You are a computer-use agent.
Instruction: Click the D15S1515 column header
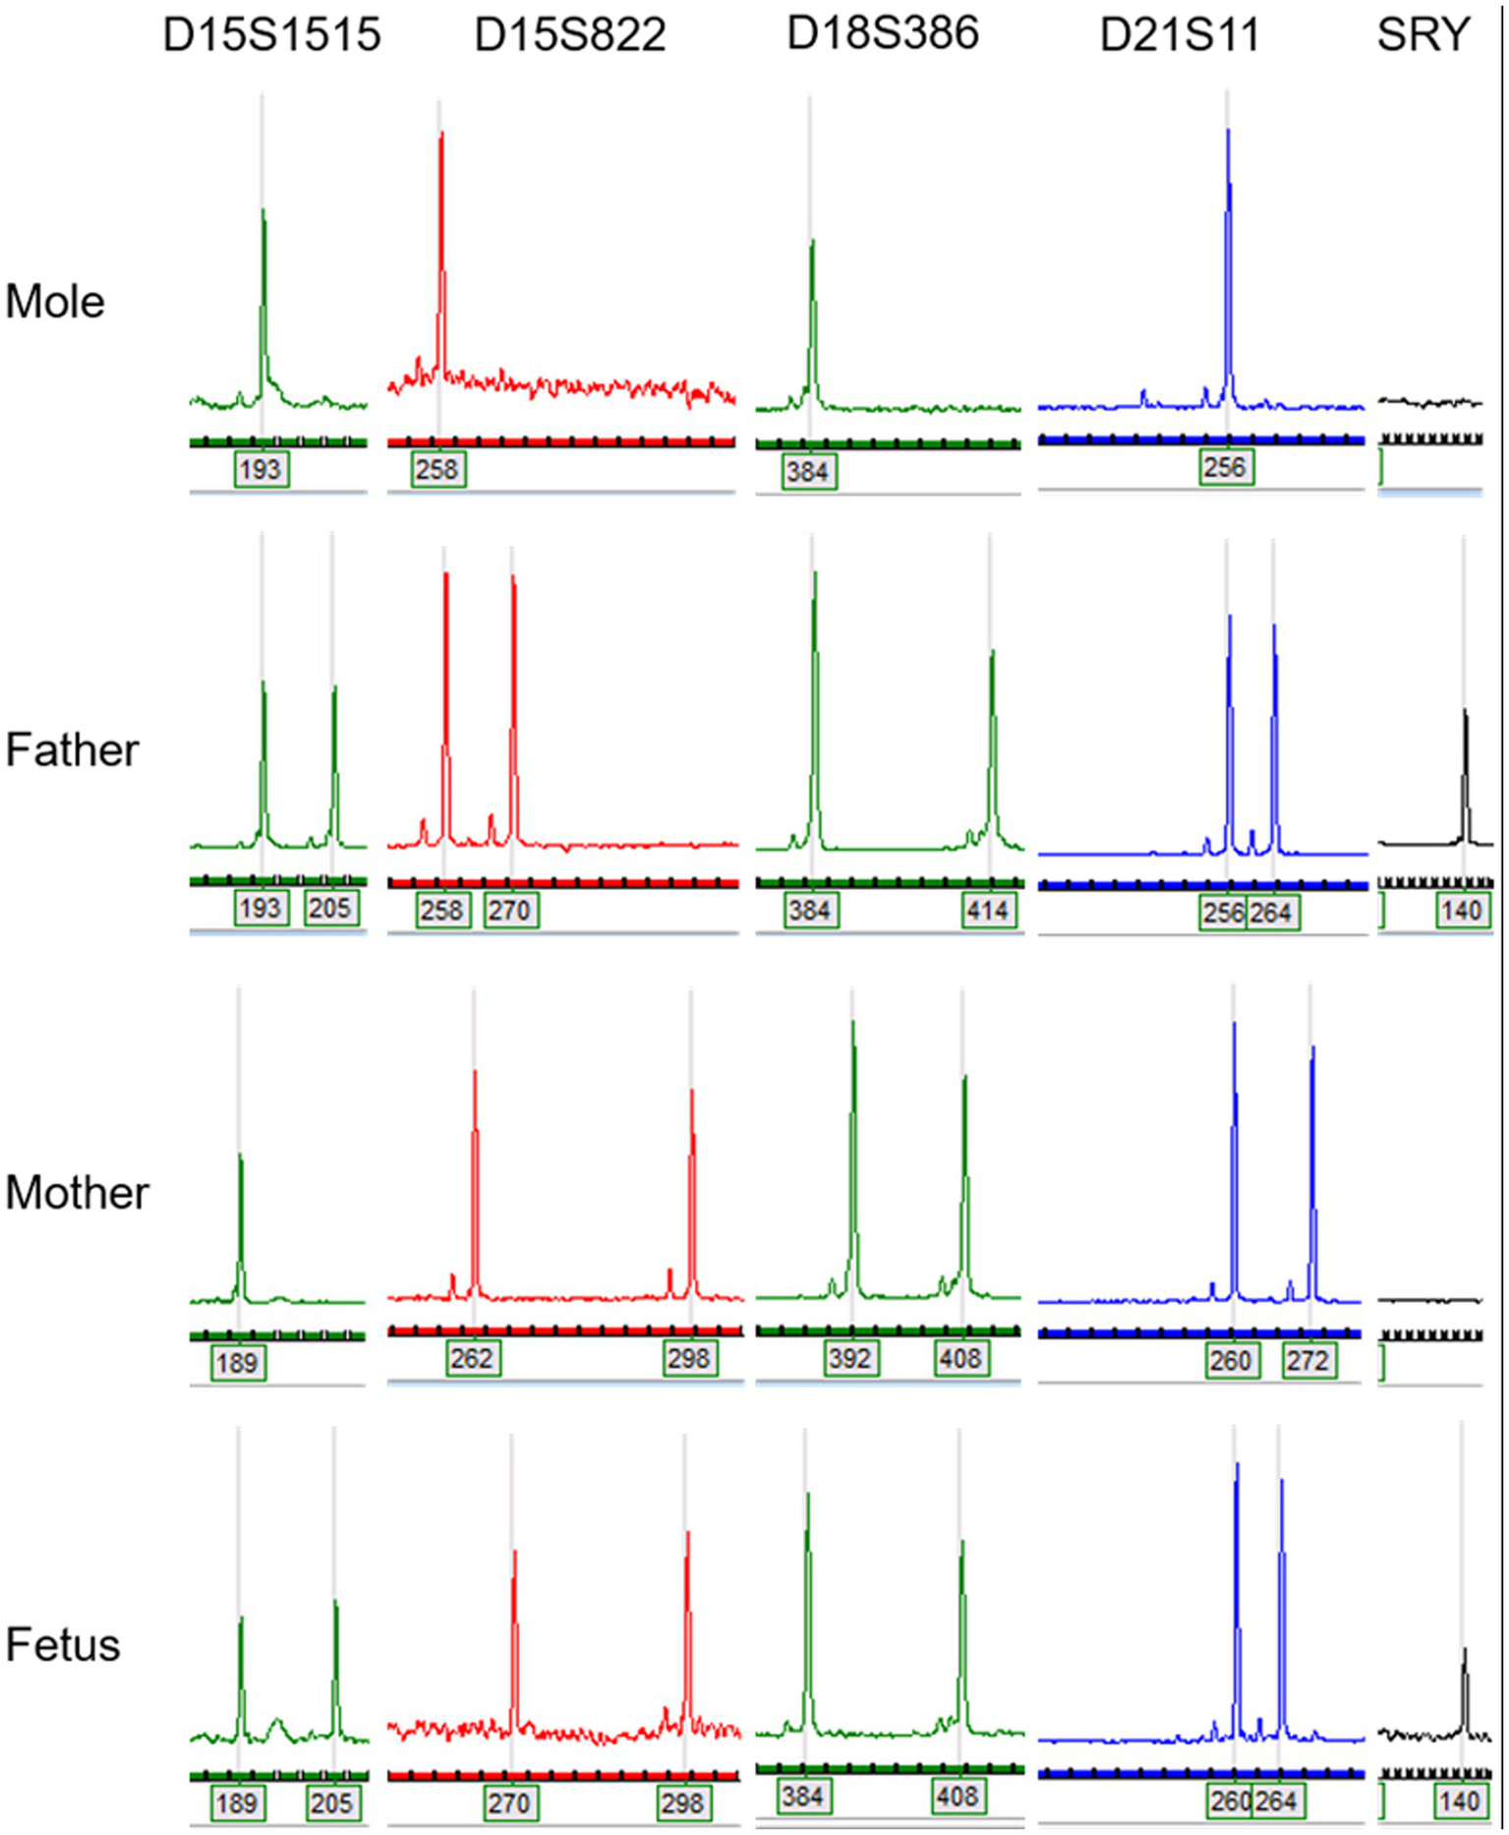coord(271,35)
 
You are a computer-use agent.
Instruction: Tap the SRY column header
coord(1422,35)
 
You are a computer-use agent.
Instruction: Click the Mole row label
coord(55,301)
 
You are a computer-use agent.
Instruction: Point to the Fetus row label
coord(63,1644)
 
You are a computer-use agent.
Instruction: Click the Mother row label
coord(77,1192)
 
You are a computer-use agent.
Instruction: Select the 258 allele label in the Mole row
coord(437,469)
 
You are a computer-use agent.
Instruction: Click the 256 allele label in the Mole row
coord(1225,467)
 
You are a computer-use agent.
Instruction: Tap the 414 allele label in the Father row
coord(987,911)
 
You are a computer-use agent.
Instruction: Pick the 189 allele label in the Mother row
coord(237,1363)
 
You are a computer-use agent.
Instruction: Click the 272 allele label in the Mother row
coord(1307,1361)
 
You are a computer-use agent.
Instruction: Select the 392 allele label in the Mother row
coord(850,1359)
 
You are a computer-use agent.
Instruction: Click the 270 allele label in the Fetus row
coord(509,1803)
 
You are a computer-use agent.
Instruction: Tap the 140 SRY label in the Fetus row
coord(1460,1801)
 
